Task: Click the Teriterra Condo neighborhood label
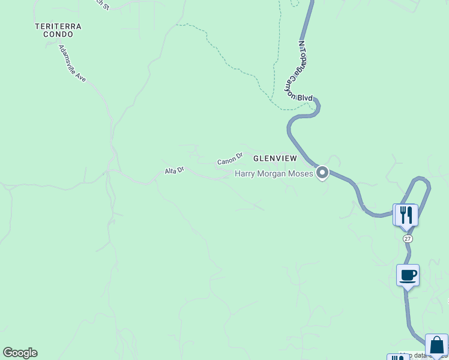point(58,31)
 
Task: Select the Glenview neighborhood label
point(275,158)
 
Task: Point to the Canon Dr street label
point(229,158)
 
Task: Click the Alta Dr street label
point(174,171)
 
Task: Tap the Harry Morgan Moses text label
point(274,174)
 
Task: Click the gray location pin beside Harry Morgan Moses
point(322,173)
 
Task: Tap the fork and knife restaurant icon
point(406,215)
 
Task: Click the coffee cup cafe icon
point(408,275)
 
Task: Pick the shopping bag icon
point(436,346)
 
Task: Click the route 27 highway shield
point(408,239)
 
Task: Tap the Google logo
point(20,353)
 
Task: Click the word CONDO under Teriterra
point(58,35)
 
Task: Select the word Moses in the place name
point(301,174)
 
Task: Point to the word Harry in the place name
point(245,174)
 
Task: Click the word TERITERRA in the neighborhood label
point(58,26)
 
